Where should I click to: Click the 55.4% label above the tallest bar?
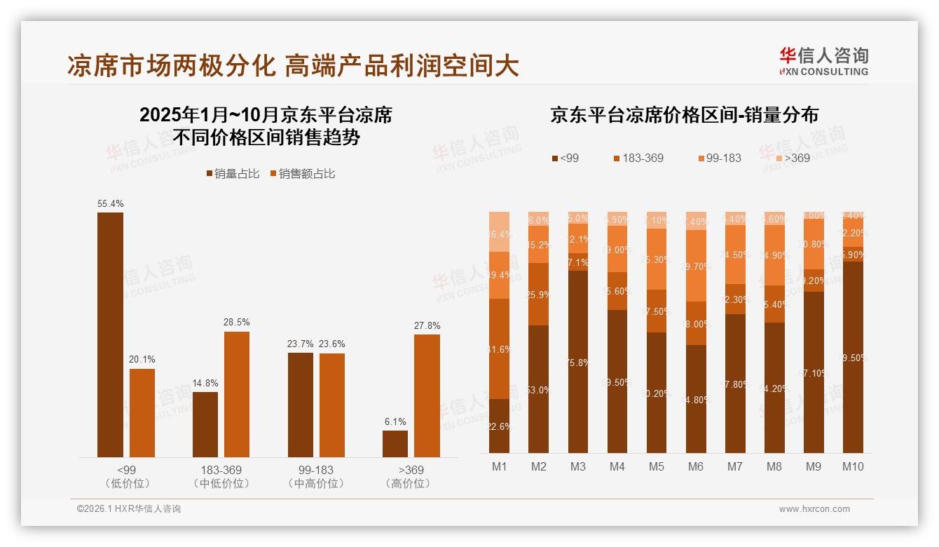click(111, 204)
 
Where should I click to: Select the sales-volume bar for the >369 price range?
click(395, 444)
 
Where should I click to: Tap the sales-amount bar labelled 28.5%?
click(237, 394)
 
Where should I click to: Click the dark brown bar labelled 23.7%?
click(301, 405)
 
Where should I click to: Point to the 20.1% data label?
click(142, 360)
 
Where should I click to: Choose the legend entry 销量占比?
click(233, 174)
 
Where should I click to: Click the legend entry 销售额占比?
click(302, 174)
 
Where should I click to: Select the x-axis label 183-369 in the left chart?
click(221, 470)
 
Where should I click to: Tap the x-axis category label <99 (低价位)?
click(127, 476)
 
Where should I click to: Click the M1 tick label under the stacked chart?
click(499, 466)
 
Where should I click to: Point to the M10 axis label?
click(853, 466)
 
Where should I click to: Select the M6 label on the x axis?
click(696, 466)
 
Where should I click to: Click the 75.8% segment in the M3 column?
click(578, 362)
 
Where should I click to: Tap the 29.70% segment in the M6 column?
click(696, 266)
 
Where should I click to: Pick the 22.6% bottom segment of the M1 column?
click(499, 426)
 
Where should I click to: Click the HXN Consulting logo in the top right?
click(823, 61)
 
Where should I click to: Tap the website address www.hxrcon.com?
click(814, 509)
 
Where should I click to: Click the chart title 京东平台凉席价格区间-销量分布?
click(684, 115)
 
